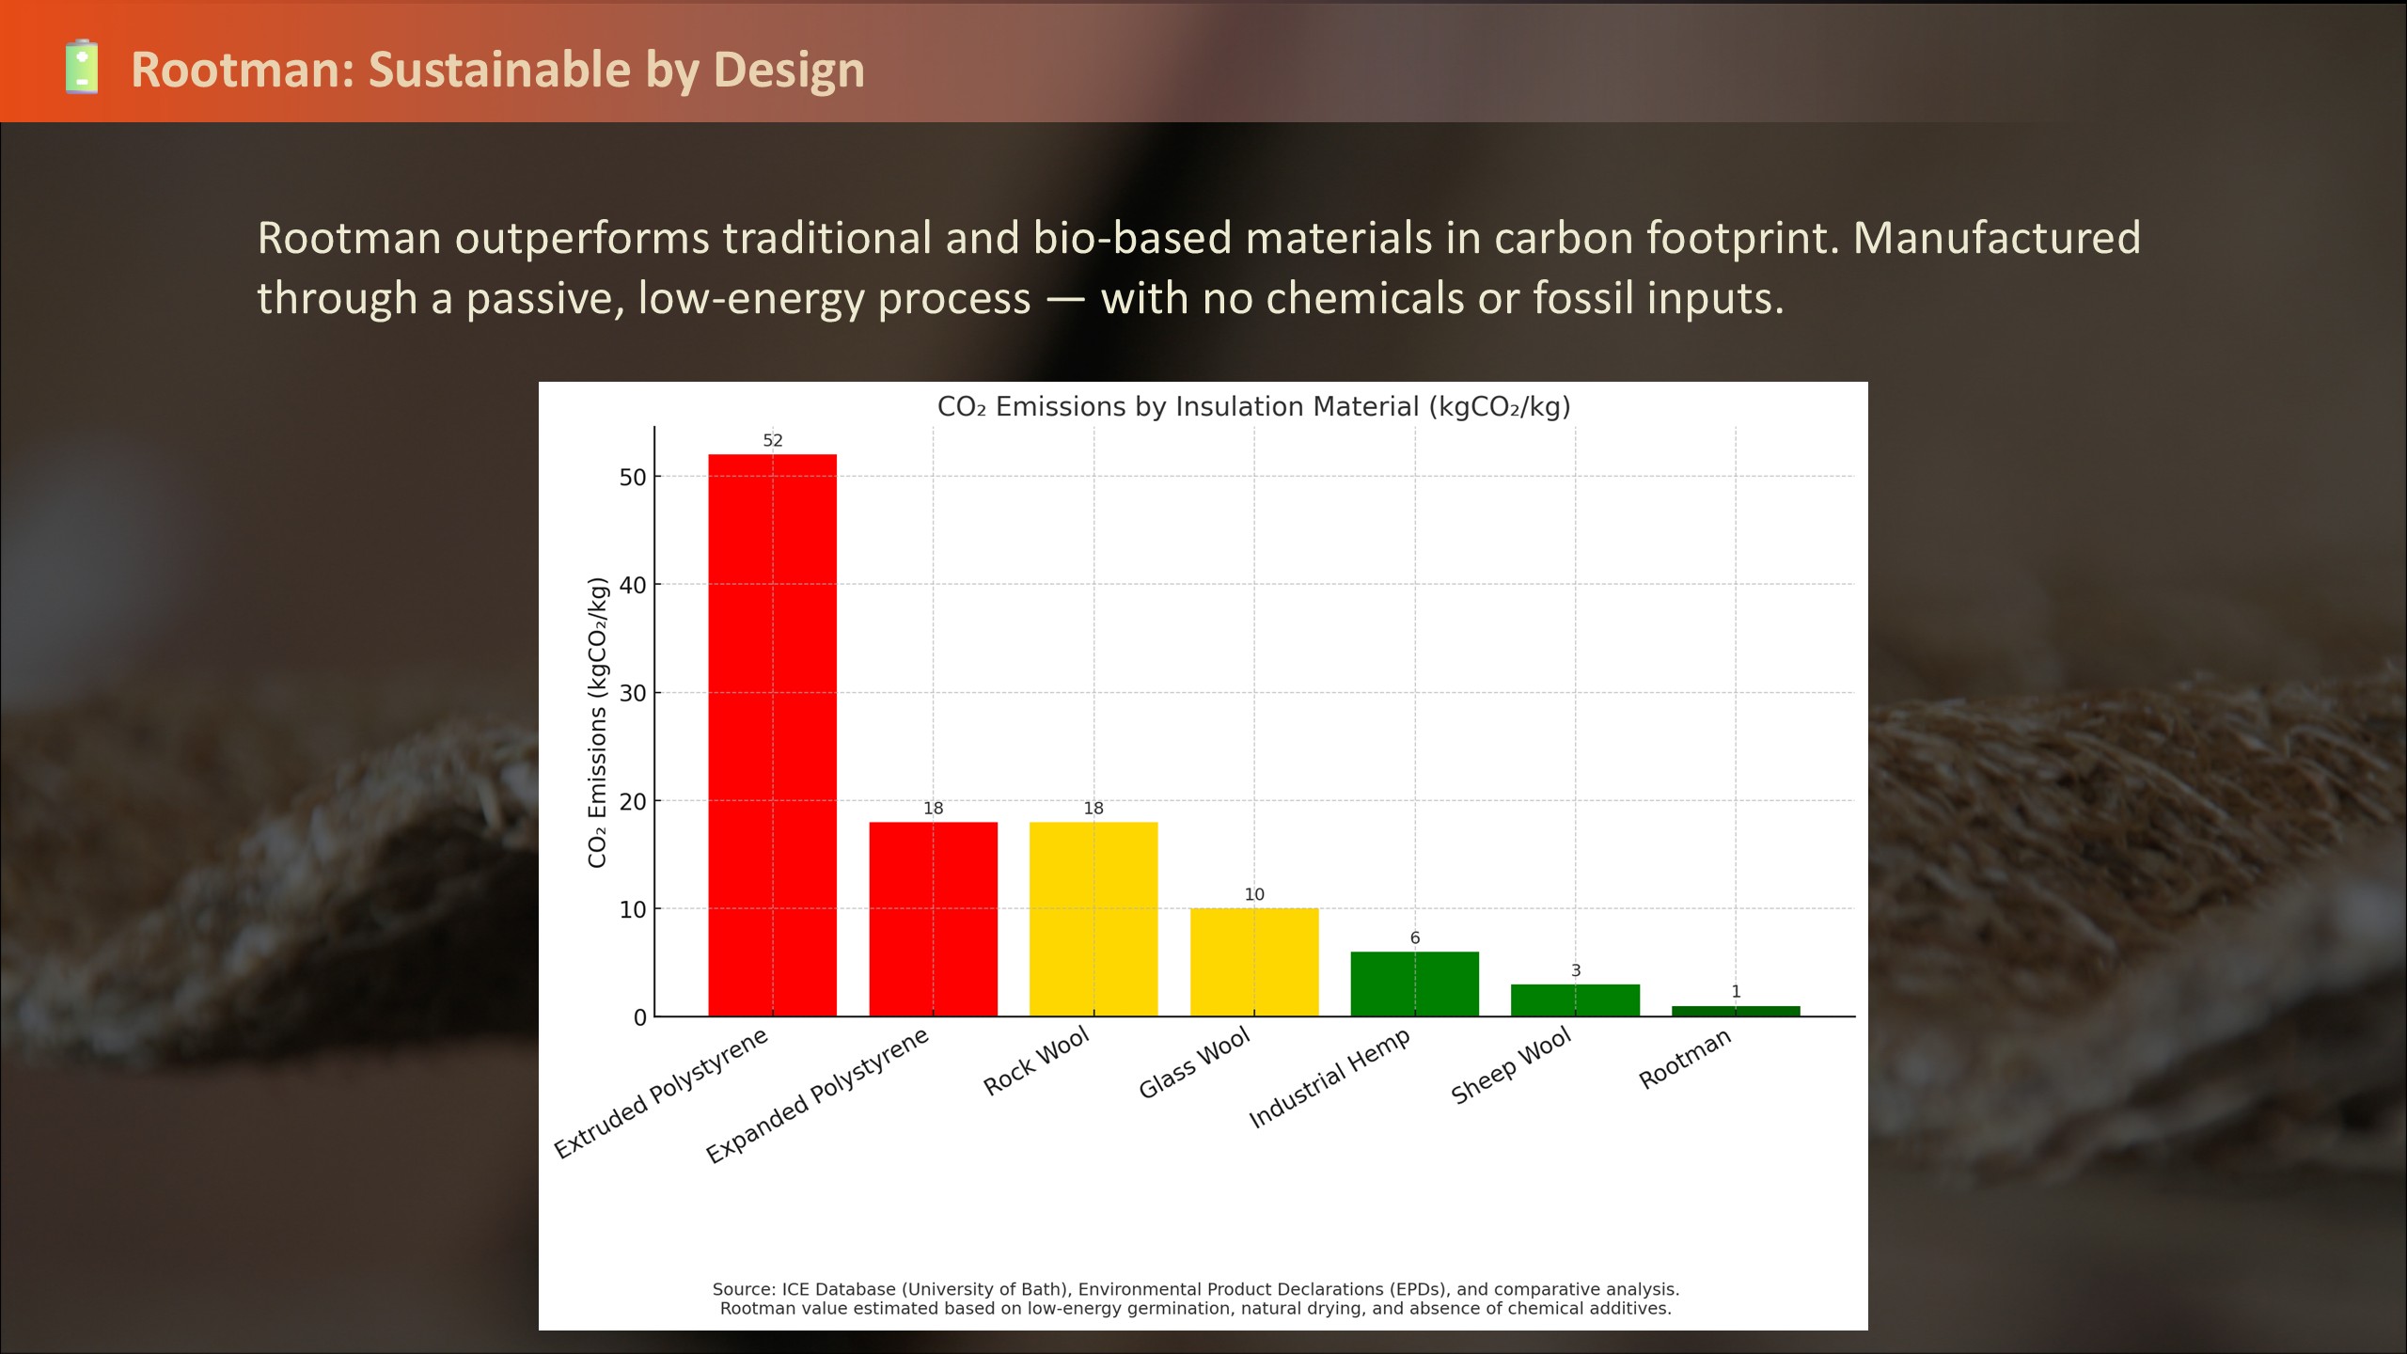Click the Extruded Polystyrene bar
772,735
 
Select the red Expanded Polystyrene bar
933,919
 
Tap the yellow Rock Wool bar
1093,919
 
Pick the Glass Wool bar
1254,962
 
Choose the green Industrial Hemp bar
1415,984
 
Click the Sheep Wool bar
1575,1000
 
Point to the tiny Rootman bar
1736,1011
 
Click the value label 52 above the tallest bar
773,440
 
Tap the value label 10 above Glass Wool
1254,894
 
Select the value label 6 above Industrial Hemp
1415,937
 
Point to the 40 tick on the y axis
633,585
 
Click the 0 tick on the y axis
640,1017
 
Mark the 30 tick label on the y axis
633,693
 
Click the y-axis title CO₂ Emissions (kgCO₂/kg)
597,722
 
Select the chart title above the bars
1254,406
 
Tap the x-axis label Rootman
1685,1059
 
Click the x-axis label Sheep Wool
1511,1065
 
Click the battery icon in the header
82,67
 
